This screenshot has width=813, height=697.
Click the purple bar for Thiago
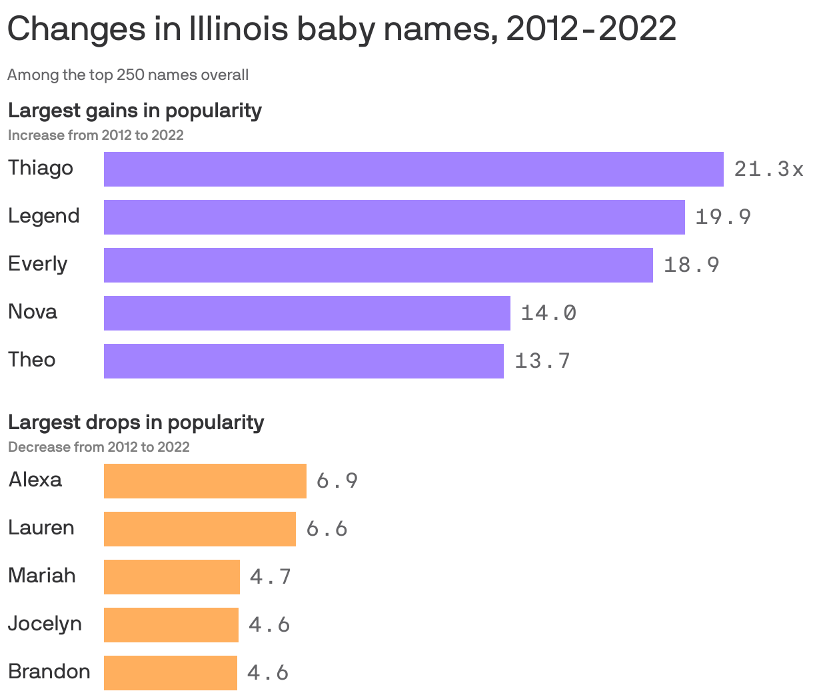coord(413,169)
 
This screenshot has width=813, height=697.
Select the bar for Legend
coord(394,217)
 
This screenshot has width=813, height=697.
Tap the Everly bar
coord(378,265)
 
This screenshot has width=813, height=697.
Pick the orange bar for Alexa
coord(205,481)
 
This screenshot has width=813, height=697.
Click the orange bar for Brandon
coord(170,673)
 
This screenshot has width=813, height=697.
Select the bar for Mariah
coord(171,577)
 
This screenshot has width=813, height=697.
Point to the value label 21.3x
coord(768,169)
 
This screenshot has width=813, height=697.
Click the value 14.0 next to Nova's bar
coord(548,313)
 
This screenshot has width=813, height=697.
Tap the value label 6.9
coord(337,481)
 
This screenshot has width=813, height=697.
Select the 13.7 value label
coord(542,360)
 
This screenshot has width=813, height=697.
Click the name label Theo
coord(32,360)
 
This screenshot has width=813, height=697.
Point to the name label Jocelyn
coord(45,624)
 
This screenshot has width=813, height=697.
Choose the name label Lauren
coord(41,528)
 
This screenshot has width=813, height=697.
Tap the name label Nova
coord(33,312)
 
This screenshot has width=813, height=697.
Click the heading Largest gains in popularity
coord(135,110)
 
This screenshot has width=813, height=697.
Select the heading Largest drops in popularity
coord(136,422)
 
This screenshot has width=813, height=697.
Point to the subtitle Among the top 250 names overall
coord(128,75)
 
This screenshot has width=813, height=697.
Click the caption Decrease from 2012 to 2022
coord(99,446)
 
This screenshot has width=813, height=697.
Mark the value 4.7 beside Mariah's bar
coord(271,576)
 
